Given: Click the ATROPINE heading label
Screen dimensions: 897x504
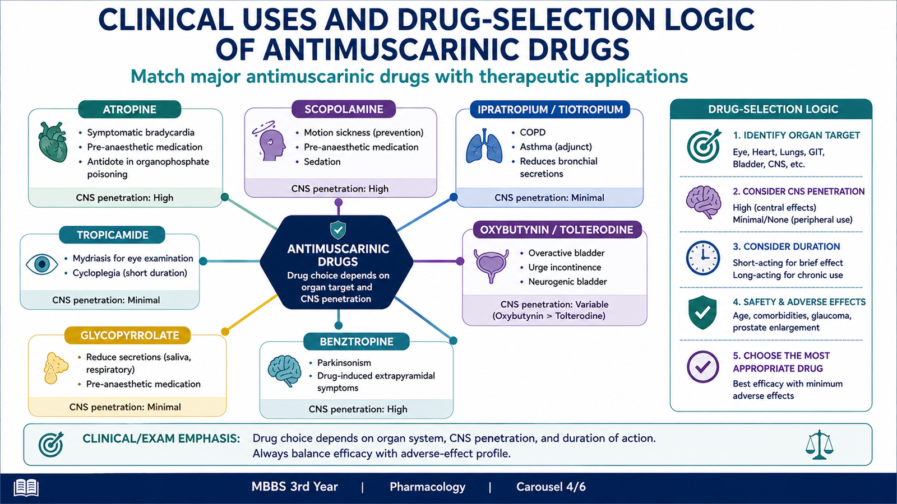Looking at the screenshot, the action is [130, 109].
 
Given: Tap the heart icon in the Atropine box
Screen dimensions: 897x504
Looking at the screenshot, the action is [53, 142].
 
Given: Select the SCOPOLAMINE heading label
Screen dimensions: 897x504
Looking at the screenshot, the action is [344, 109].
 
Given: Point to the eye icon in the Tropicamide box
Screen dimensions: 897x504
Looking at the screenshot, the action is [42, 264].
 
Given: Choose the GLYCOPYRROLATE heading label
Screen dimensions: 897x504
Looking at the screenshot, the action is [130, 335].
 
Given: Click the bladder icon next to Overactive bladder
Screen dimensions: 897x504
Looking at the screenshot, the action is [491, 266].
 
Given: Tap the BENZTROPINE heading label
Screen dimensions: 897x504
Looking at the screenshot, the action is [357, 342].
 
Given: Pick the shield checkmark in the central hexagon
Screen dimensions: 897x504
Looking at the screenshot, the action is [338, 230].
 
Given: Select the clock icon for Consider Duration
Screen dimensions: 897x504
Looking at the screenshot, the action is [703, 258].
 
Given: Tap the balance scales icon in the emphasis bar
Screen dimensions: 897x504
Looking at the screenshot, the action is [819, 445].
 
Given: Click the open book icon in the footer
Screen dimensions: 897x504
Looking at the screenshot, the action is [26, 488].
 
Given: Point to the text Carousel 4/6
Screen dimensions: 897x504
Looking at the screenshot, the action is [551, 487].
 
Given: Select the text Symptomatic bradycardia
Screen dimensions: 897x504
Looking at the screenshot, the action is [141, 132].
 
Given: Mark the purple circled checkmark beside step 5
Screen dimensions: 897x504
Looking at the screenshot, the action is [703, 366].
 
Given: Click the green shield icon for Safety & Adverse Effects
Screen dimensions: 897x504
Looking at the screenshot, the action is [703, 312].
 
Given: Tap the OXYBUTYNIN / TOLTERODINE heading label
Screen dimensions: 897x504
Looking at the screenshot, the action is [557, 230].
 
